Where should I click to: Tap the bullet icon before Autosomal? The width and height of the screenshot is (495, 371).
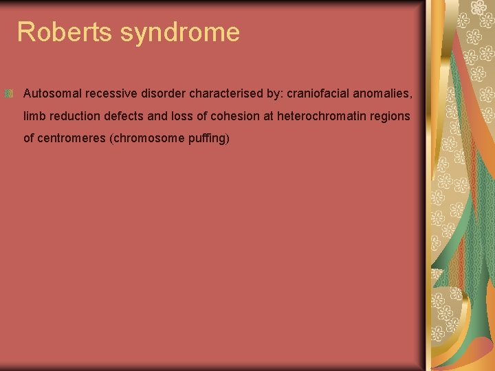coord(8,93)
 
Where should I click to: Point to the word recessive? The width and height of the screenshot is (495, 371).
coord(111,93)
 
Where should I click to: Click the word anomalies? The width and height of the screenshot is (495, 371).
coord(382,93)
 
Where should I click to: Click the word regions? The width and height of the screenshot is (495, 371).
coord(391,117)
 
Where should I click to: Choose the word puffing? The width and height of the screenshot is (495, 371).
coord(206,139)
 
